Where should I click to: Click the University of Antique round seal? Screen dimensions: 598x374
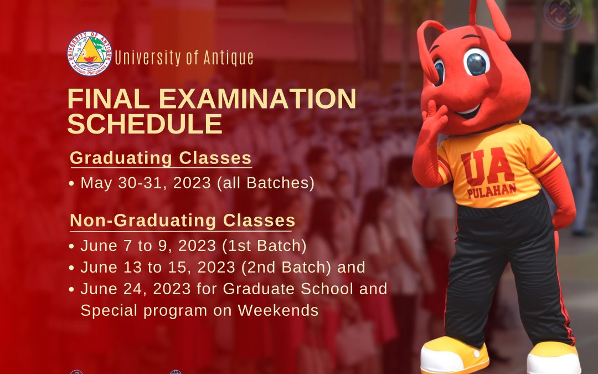click(89, 53)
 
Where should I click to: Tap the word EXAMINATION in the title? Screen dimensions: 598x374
click(257, 99)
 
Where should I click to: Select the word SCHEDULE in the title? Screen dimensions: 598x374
click(145, 124)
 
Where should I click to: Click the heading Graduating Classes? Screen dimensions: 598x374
click(161, 158)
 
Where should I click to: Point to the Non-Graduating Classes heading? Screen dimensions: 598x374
click(183, 221)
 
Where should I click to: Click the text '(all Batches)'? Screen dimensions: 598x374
click(266, 183)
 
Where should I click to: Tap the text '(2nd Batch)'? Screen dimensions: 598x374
click(286, 267)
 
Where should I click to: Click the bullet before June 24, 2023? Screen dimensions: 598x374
click(71, 289)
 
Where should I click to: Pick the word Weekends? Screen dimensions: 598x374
click(278, 310)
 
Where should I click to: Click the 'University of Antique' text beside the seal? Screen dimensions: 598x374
click(184, 58)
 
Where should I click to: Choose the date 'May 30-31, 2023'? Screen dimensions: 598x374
click(146, 183)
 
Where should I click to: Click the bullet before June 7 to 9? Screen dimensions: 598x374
click(71, 247)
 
